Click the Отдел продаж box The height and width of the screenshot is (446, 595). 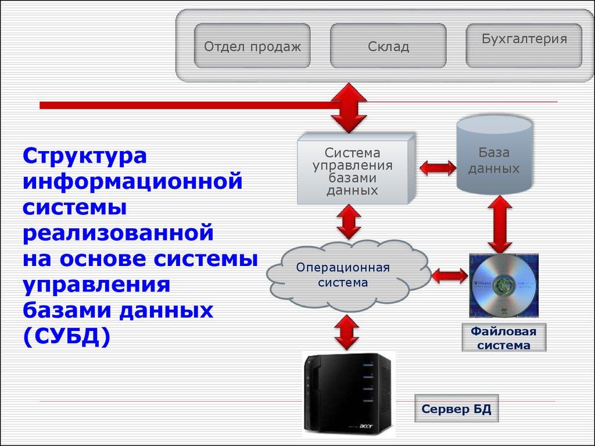coord(252,46)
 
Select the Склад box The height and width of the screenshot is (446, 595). coord(388,46)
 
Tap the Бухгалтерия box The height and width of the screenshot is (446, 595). coord(524,45)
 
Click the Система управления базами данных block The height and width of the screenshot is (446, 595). coord(353,171)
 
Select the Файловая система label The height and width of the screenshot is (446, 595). coord(504,338)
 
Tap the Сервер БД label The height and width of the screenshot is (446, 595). coord(456,409)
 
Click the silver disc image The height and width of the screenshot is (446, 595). coord(503,285)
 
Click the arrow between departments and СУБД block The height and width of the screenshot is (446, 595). coord(347,108)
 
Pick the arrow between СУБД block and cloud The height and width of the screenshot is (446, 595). coord(349,222)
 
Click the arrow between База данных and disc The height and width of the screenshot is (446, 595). coord(499,224)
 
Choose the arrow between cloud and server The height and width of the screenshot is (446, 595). coord(347,333)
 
